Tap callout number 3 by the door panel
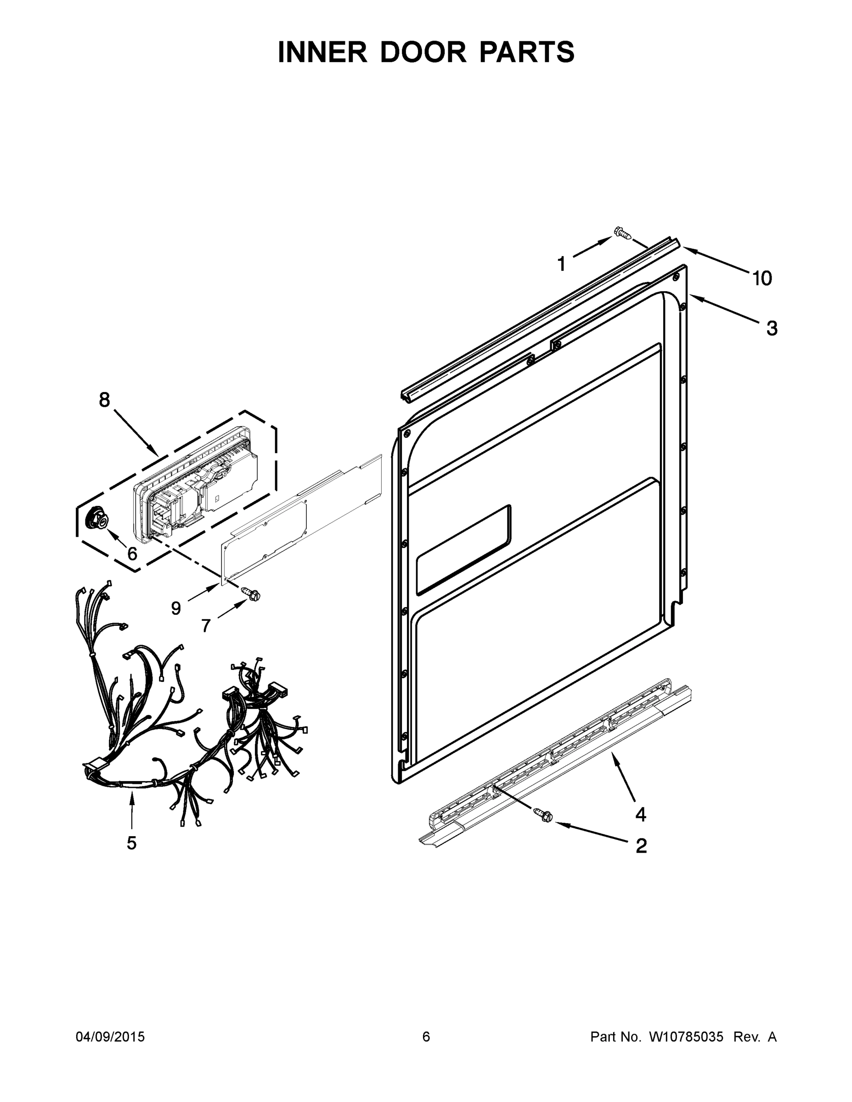(772, 328)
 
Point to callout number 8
(104, 399)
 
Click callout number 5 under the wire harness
(131, 843)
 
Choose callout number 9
(175, 608)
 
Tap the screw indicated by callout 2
(542, 813)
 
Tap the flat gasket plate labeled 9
(303, 520)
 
